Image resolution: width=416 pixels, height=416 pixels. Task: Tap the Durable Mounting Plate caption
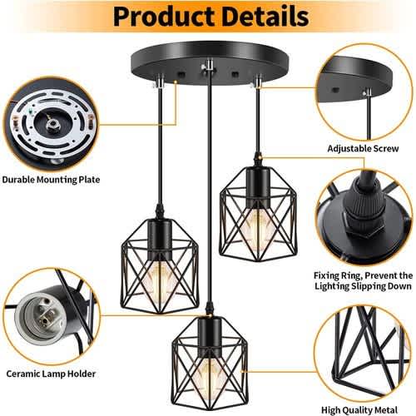click(x=51, y=180)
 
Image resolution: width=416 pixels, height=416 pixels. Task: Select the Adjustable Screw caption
click(x=363, y=149)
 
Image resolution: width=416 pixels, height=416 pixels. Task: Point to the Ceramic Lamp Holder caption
click(x=51, y=374)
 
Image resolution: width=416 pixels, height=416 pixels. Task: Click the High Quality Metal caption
click(x=359, y=410)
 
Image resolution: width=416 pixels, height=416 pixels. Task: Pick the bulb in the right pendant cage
click(x=258, y=222)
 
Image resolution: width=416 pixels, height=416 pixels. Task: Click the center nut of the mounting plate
click(x=52, y=127)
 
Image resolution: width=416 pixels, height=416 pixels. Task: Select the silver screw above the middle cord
click(x=209, y=67)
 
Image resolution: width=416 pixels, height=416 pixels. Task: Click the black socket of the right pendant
click(x=257, y=186)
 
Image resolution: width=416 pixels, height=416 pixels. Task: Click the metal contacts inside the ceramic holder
click(x=46, y=315)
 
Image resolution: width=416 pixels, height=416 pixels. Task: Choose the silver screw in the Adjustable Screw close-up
click(x=369, y=92)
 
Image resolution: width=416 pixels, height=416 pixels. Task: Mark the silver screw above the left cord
click(x=159, y=82)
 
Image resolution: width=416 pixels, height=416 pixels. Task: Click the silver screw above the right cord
click(x=257, y=82)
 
